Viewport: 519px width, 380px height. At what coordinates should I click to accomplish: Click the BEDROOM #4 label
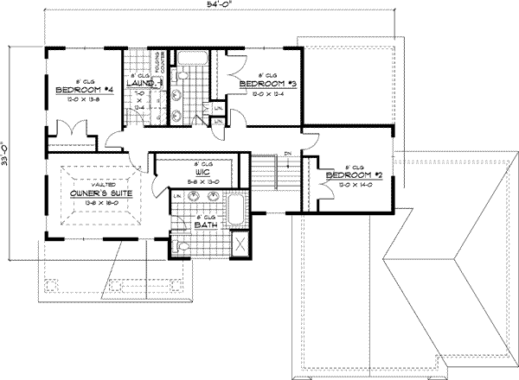pyautogui.click(x=83, y=90)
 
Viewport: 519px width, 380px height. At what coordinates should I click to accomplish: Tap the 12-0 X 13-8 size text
pyautogui.click(x=83, y=98)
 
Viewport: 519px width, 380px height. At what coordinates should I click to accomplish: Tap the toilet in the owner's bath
pyautogui.click(x=179, y=246)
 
